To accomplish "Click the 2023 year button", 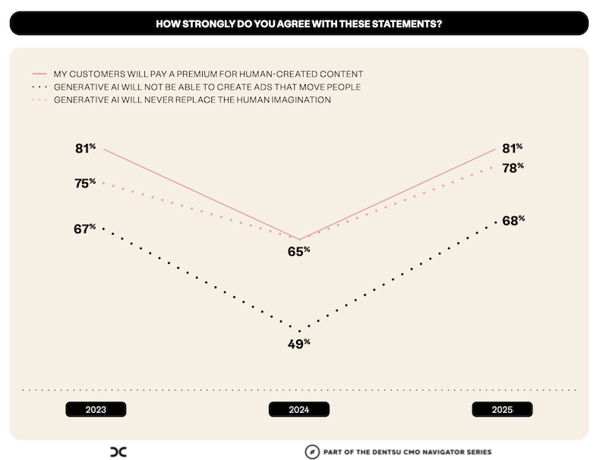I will [96, 409].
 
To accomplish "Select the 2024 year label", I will [299, 409].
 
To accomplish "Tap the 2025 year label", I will [502, 409].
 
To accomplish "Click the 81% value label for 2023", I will [85, 149].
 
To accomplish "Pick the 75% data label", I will [85, 183].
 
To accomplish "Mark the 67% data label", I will [85, 228].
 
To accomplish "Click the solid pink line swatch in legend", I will [40, 74].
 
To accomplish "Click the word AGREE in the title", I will [265, 24].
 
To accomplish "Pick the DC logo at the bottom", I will [118, 451].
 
